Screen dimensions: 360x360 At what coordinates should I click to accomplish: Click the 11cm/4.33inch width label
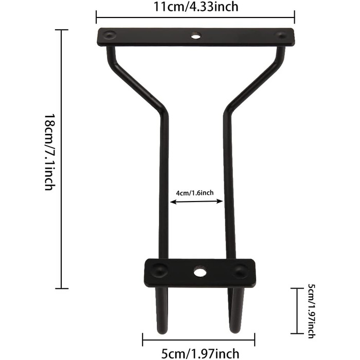click(x=195, y=6)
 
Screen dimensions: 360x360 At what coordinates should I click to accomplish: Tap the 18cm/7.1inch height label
click(x=50, y=152)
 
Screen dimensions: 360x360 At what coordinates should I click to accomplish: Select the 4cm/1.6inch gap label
click(x=195, y=193)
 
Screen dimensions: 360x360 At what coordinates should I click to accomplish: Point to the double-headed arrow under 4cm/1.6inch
click(x=196, y=202)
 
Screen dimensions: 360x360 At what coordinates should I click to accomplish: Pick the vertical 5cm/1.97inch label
click(x=312, y=311)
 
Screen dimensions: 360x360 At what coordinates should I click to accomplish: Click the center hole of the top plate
click(x=196, y=36)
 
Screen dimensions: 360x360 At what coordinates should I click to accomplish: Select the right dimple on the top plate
click(x=281, y=35)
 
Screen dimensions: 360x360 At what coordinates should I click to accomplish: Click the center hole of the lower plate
click(x=200, y=272)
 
